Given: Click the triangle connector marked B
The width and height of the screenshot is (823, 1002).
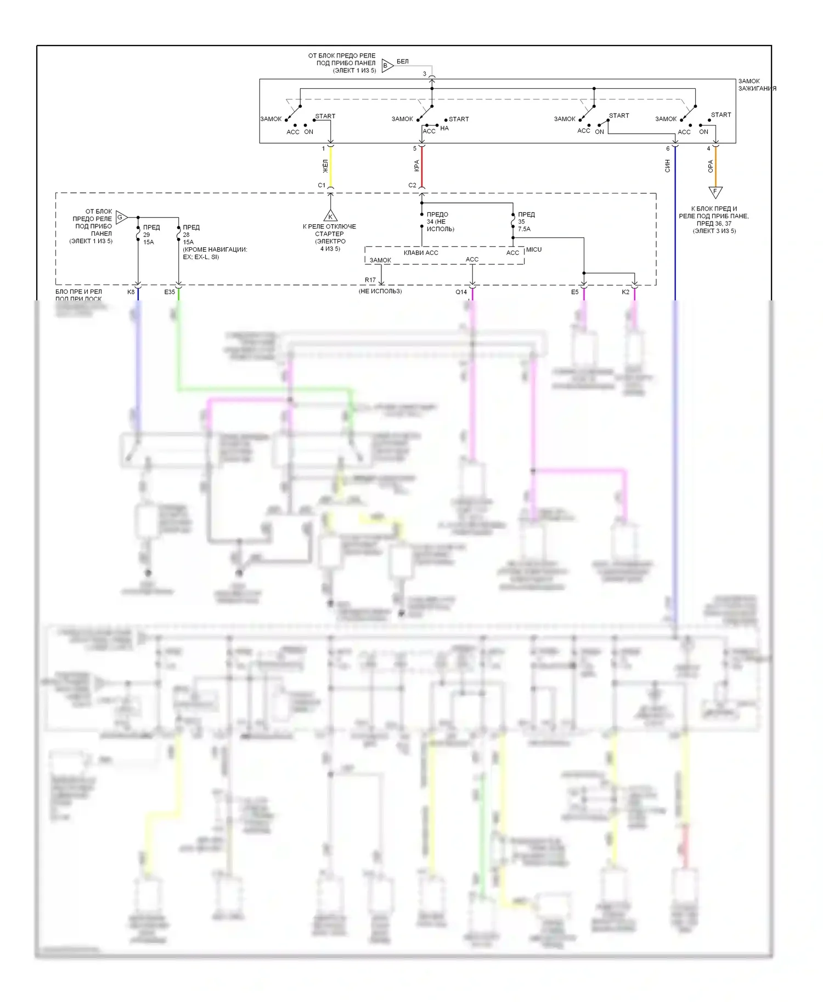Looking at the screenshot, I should (387, 66).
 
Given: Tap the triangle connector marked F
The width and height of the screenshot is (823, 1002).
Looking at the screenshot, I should (715, 192).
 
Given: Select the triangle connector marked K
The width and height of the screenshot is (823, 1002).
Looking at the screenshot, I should (330, 215).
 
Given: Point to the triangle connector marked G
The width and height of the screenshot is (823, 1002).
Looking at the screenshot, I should (121, 218).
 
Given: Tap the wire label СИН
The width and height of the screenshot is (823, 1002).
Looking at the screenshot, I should (668, 166).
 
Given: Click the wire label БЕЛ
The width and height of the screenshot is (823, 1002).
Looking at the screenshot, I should (403, 61).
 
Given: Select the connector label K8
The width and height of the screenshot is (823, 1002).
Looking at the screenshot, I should (131, 292).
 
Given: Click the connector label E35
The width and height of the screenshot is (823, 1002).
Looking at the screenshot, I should (170, 292).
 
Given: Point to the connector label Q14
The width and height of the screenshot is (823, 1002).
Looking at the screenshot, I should (461, 292).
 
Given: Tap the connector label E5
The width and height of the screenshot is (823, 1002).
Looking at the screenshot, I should (574, 292).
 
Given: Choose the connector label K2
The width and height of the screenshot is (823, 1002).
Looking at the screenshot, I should (625, 292).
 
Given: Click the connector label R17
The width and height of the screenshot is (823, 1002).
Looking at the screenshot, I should (370, 280).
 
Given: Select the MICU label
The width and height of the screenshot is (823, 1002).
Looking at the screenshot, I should (534, 249).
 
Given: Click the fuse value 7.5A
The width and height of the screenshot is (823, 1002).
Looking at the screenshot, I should (524, 229).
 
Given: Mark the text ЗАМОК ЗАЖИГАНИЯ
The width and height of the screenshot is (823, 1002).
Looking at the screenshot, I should (757, 85).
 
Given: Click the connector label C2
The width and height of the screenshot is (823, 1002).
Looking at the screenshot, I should (412, 185).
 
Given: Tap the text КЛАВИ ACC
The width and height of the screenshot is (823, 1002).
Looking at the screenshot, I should (421, 253).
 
